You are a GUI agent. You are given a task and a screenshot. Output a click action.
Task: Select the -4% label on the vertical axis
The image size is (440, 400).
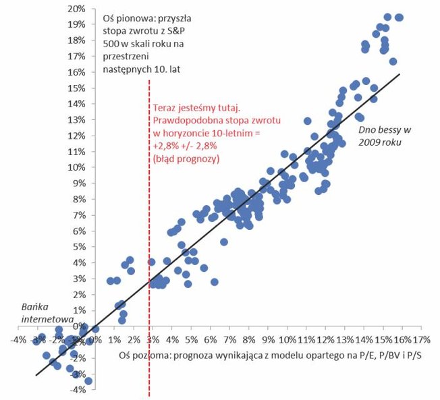point(78,390)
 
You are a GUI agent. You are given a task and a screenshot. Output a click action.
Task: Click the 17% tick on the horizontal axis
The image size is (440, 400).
point(422,339)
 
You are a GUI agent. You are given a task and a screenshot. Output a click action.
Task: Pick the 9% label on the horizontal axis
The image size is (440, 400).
point(269,339)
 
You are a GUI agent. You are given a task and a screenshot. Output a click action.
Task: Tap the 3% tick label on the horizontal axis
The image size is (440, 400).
point(153,339)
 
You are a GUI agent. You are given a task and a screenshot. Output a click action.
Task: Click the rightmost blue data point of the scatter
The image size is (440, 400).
point(399,18)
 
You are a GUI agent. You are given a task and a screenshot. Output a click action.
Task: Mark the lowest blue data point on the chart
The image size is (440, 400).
point(88,381)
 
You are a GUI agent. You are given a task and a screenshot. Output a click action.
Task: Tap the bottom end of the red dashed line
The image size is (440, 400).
point(148,396)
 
